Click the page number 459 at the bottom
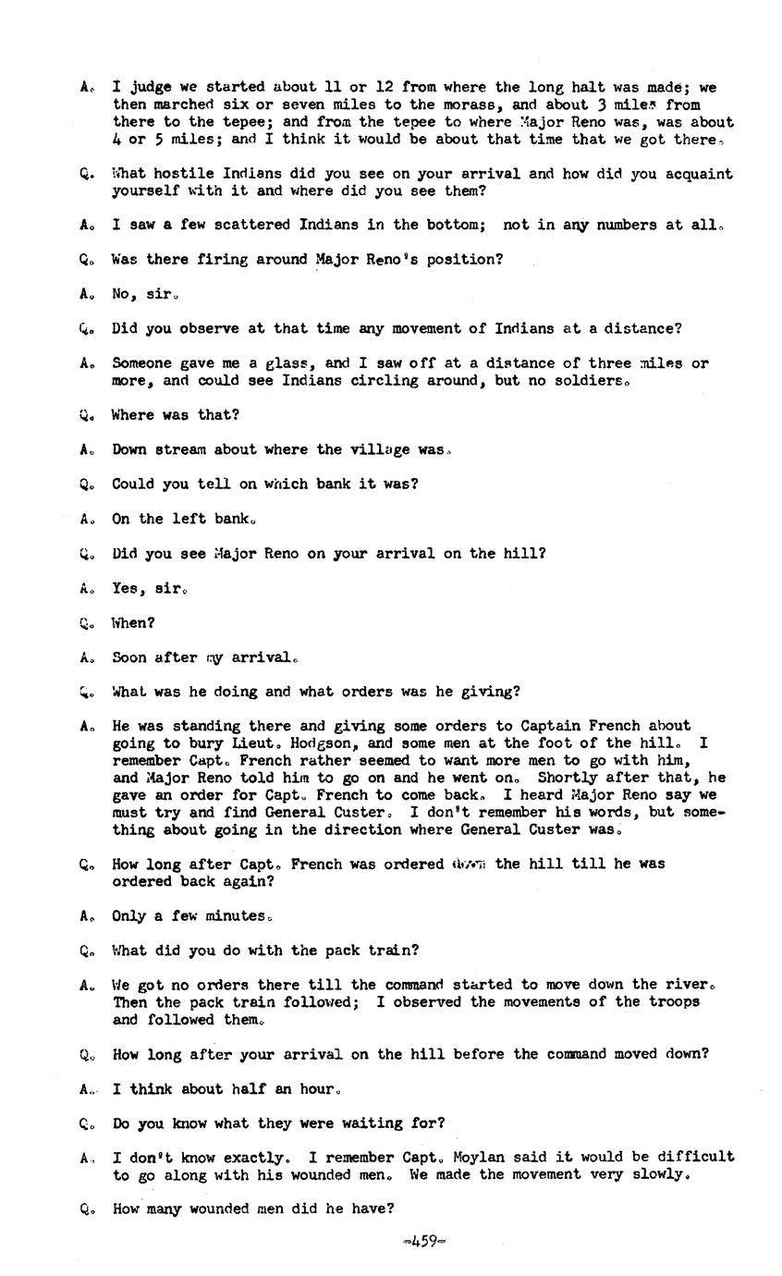click(x=424, y=1242)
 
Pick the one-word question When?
click(x=132, y=623)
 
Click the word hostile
click(x=182, y=174)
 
